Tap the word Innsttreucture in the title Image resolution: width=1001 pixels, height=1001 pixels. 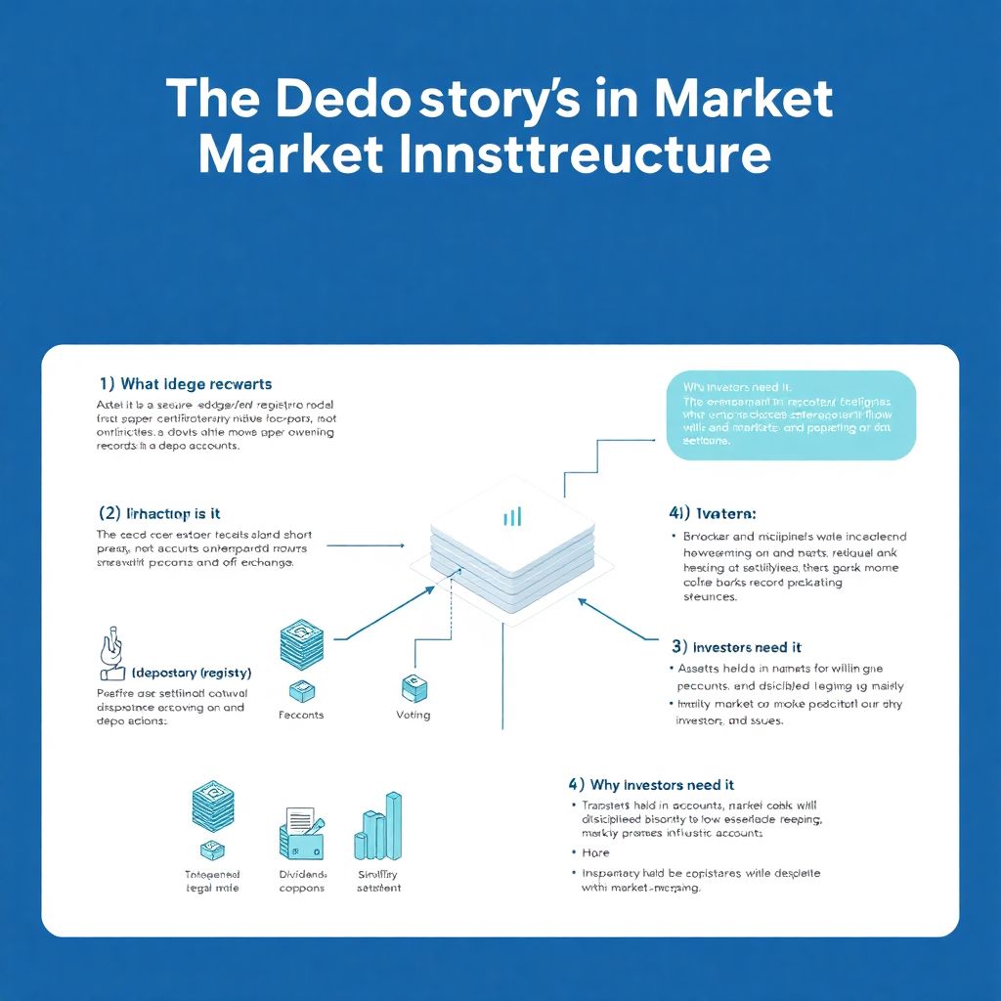pyautogui.click(x=583, y=155)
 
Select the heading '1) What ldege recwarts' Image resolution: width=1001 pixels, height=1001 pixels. pyautogui.click(x=186, y=384)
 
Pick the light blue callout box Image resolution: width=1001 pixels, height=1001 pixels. pyautogui.click(x=791, y=414)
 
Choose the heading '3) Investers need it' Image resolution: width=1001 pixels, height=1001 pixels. pyautogui.click(x=737, y=646)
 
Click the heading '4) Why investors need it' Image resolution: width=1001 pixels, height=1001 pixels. pyautogui.click(x=651, y=784)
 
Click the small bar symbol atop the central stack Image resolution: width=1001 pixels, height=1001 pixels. pyautogui.click(x=512, y=516)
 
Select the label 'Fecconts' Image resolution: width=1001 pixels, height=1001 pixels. pyautogui.click(x=301, y=715)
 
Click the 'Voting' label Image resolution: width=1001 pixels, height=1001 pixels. pyautogui.click(x=413, y=715)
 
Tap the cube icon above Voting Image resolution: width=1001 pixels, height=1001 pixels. pyautogui.click(x=412, y=685)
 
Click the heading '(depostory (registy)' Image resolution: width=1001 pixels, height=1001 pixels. pyautogui.click(x=191, y=674)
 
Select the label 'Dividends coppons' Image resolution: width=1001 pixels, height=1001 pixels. pyautogui.click(x=302, y=881)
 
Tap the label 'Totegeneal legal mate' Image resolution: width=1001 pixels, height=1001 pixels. pyautogui.click(x=212, y=881)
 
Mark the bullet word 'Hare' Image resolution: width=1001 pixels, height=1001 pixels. pyautogui.click(x=595, y=852)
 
